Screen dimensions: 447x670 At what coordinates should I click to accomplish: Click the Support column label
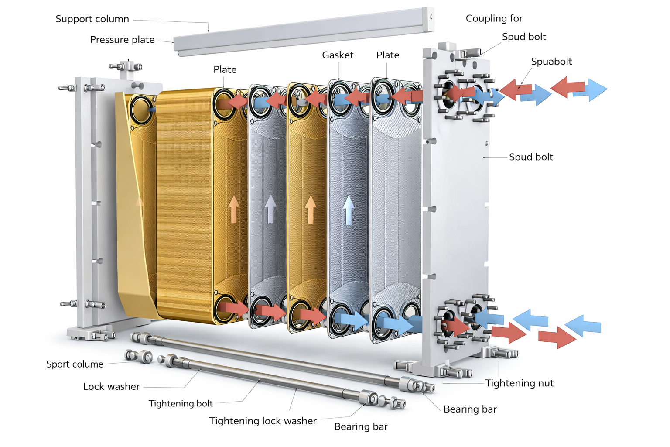point(92,19)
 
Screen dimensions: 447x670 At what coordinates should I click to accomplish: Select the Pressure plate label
point(122,40)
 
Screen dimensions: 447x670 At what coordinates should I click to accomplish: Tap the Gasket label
point(338,55)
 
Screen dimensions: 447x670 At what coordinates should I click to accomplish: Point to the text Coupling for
point(494,18)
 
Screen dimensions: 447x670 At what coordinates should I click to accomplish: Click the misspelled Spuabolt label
point(551,62)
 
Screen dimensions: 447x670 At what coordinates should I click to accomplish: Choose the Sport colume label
point(75,364)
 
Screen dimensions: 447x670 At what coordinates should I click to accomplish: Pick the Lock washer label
point(111,386)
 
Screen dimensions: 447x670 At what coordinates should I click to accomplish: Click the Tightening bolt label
point(181,403)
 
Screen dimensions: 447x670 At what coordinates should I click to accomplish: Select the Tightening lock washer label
point(263,421)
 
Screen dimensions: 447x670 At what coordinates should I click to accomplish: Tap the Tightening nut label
point(519,383)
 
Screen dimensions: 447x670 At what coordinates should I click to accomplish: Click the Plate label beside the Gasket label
point(388,55)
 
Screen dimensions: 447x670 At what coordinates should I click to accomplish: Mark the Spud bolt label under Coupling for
point(524,37)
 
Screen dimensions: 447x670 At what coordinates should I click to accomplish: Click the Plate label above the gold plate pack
point(225,69)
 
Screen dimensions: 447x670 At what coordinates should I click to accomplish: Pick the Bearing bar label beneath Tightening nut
point(470,409)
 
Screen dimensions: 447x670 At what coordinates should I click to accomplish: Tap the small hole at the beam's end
point(431,17)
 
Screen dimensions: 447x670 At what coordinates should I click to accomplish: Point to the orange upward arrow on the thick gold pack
point(234,209)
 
